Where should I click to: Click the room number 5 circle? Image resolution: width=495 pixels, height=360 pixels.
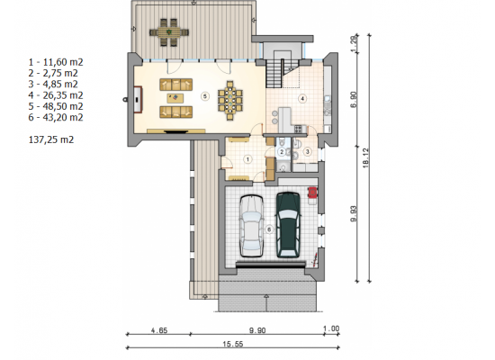[205, 95]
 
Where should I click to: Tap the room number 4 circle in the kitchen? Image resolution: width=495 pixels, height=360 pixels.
[302, 98]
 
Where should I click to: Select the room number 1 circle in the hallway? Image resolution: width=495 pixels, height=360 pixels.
[247, 159]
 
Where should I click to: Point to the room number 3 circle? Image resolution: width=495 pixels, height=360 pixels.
[307, 151]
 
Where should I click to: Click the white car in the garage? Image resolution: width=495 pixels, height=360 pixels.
[251, 226]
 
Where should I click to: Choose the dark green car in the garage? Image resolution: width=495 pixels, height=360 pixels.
[288, 224]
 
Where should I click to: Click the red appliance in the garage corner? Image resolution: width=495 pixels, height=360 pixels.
[312, 193]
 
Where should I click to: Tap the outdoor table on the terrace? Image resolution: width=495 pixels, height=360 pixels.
[169, 32]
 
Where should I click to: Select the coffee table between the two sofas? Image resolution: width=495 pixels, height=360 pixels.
[175, 98]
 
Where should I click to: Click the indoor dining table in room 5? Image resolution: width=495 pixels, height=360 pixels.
[230, 101]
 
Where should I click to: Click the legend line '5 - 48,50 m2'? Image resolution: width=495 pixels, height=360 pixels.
[56, 106]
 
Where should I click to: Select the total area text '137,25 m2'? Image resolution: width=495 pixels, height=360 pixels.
[51, 139]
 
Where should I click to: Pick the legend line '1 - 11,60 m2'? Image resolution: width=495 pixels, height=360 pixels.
[56, 62]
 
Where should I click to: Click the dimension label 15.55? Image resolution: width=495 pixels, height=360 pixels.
[233, 344]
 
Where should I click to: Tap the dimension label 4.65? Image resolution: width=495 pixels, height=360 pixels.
[159, 330]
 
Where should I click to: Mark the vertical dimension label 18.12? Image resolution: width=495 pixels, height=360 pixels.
[365, 157]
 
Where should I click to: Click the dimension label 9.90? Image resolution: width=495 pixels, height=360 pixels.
[257, 330]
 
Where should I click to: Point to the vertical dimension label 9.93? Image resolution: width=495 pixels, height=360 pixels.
[354, 214]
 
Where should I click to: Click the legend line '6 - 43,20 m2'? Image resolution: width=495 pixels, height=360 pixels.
[56, 117]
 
